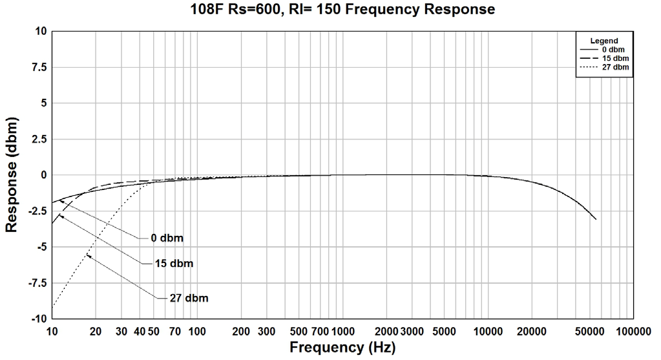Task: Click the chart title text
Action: click(343, 10)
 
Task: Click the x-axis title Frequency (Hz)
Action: click(342, 347)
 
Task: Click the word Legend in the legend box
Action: click(604, 41)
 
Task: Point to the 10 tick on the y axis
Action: click(41, 31)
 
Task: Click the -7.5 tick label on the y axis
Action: click(37, 283)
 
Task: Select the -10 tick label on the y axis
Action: click(38, 319)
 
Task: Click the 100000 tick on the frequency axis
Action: click(633, 331)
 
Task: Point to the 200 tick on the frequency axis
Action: click(241, 331)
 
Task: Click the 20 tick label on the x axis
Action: click(96, 331)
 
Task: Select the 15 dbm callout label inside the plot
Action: click(174, 264)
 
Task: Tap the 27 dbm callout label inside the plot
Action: click(188, 298)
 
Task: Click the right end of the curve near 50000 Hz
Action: click(595, 219)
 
